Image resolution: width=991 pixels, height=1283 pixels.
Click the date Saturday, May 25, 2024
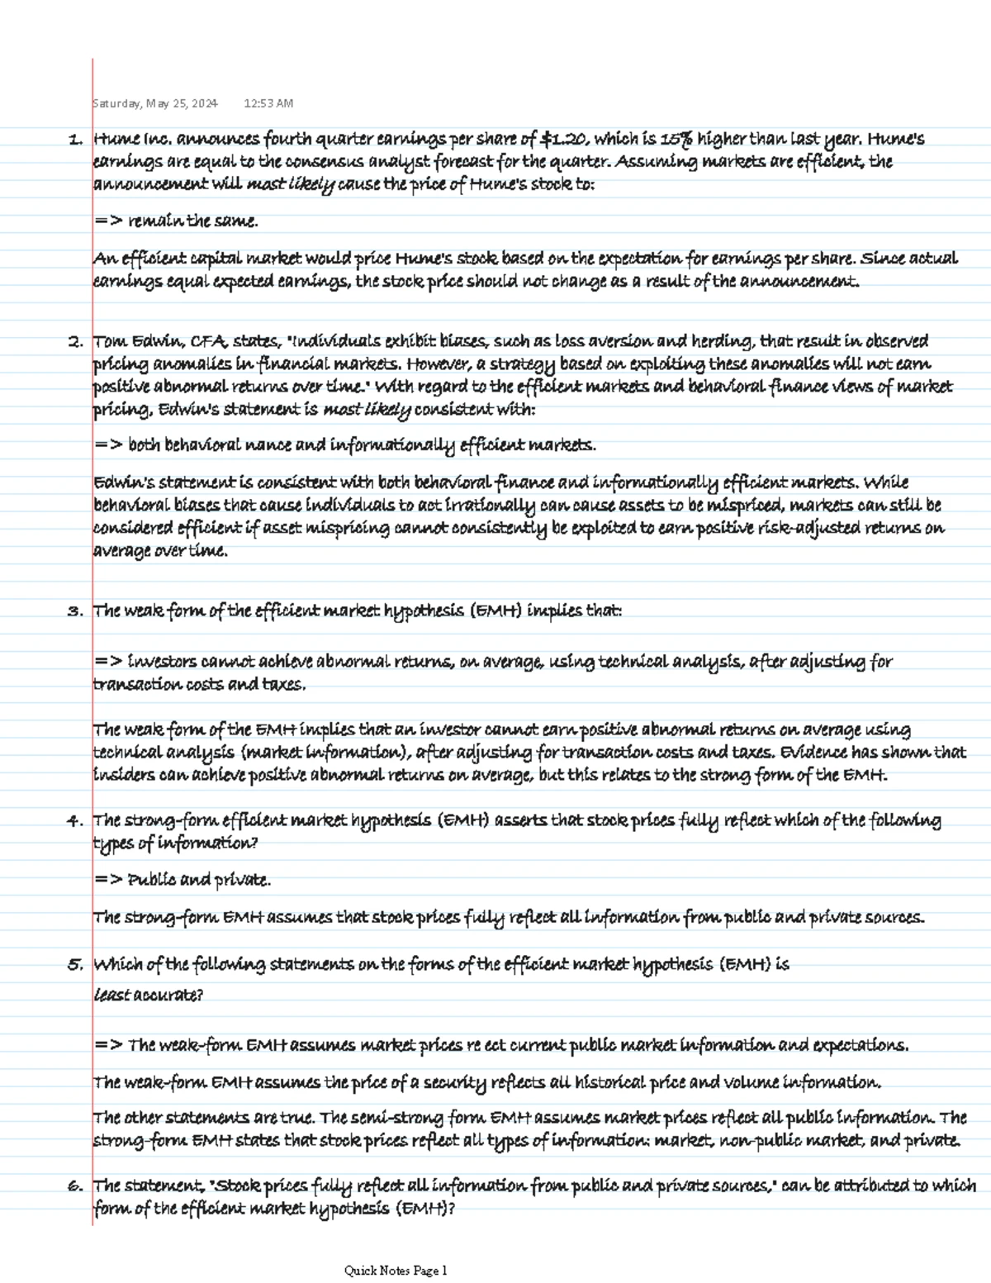(155, 104)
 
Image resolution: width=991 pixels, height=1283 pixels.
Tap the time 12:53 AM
(268, 104)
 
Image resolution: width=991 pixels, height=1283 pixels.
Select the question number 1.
(75, 140)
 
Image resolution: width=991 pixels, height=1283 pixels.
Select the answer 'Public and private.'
(199, 881)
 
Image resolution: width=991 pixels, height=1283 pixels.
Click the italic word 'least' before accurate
(112, 996)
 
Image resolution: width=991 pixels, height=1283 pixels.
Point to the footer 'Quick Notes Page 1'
(396, 1271)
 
